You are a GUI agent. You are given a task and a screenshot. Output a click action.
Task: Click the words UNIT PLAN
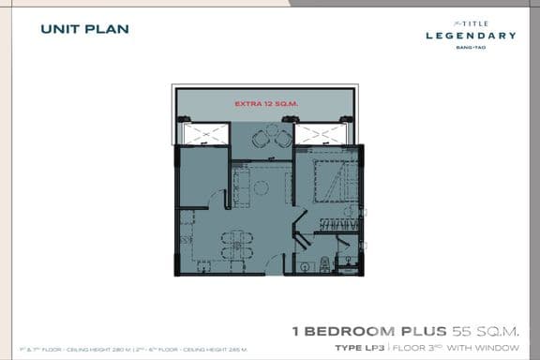pyautogui.click(x=84, y=29)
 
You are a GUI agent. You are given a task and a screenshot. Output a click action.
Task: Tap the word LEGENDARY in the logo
pyautogui.click(x=471, y=36)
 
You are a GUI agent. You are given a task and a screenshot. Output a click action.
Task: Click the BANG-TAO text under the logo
pyautogui.click(x=471, y=46)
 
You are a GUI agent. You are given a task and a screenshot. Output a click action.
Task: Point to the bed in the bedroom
pyautogui.click(x=329, y=176)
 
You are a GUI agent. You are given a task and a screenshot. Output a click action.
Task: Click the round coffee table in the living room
pyautogui.click(x=262, y=187)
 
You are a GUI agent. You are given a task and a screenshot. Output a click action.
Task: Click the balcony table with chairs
pyautogui.click(x=270, y=138)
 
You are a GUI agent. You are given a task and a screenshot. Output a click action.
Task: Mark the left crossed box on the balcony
pyautogui.click(x=206, y=135)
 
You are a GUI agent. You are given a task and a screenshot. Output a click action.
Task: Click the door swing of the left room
pyautogui.click(x=218, y=200)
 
